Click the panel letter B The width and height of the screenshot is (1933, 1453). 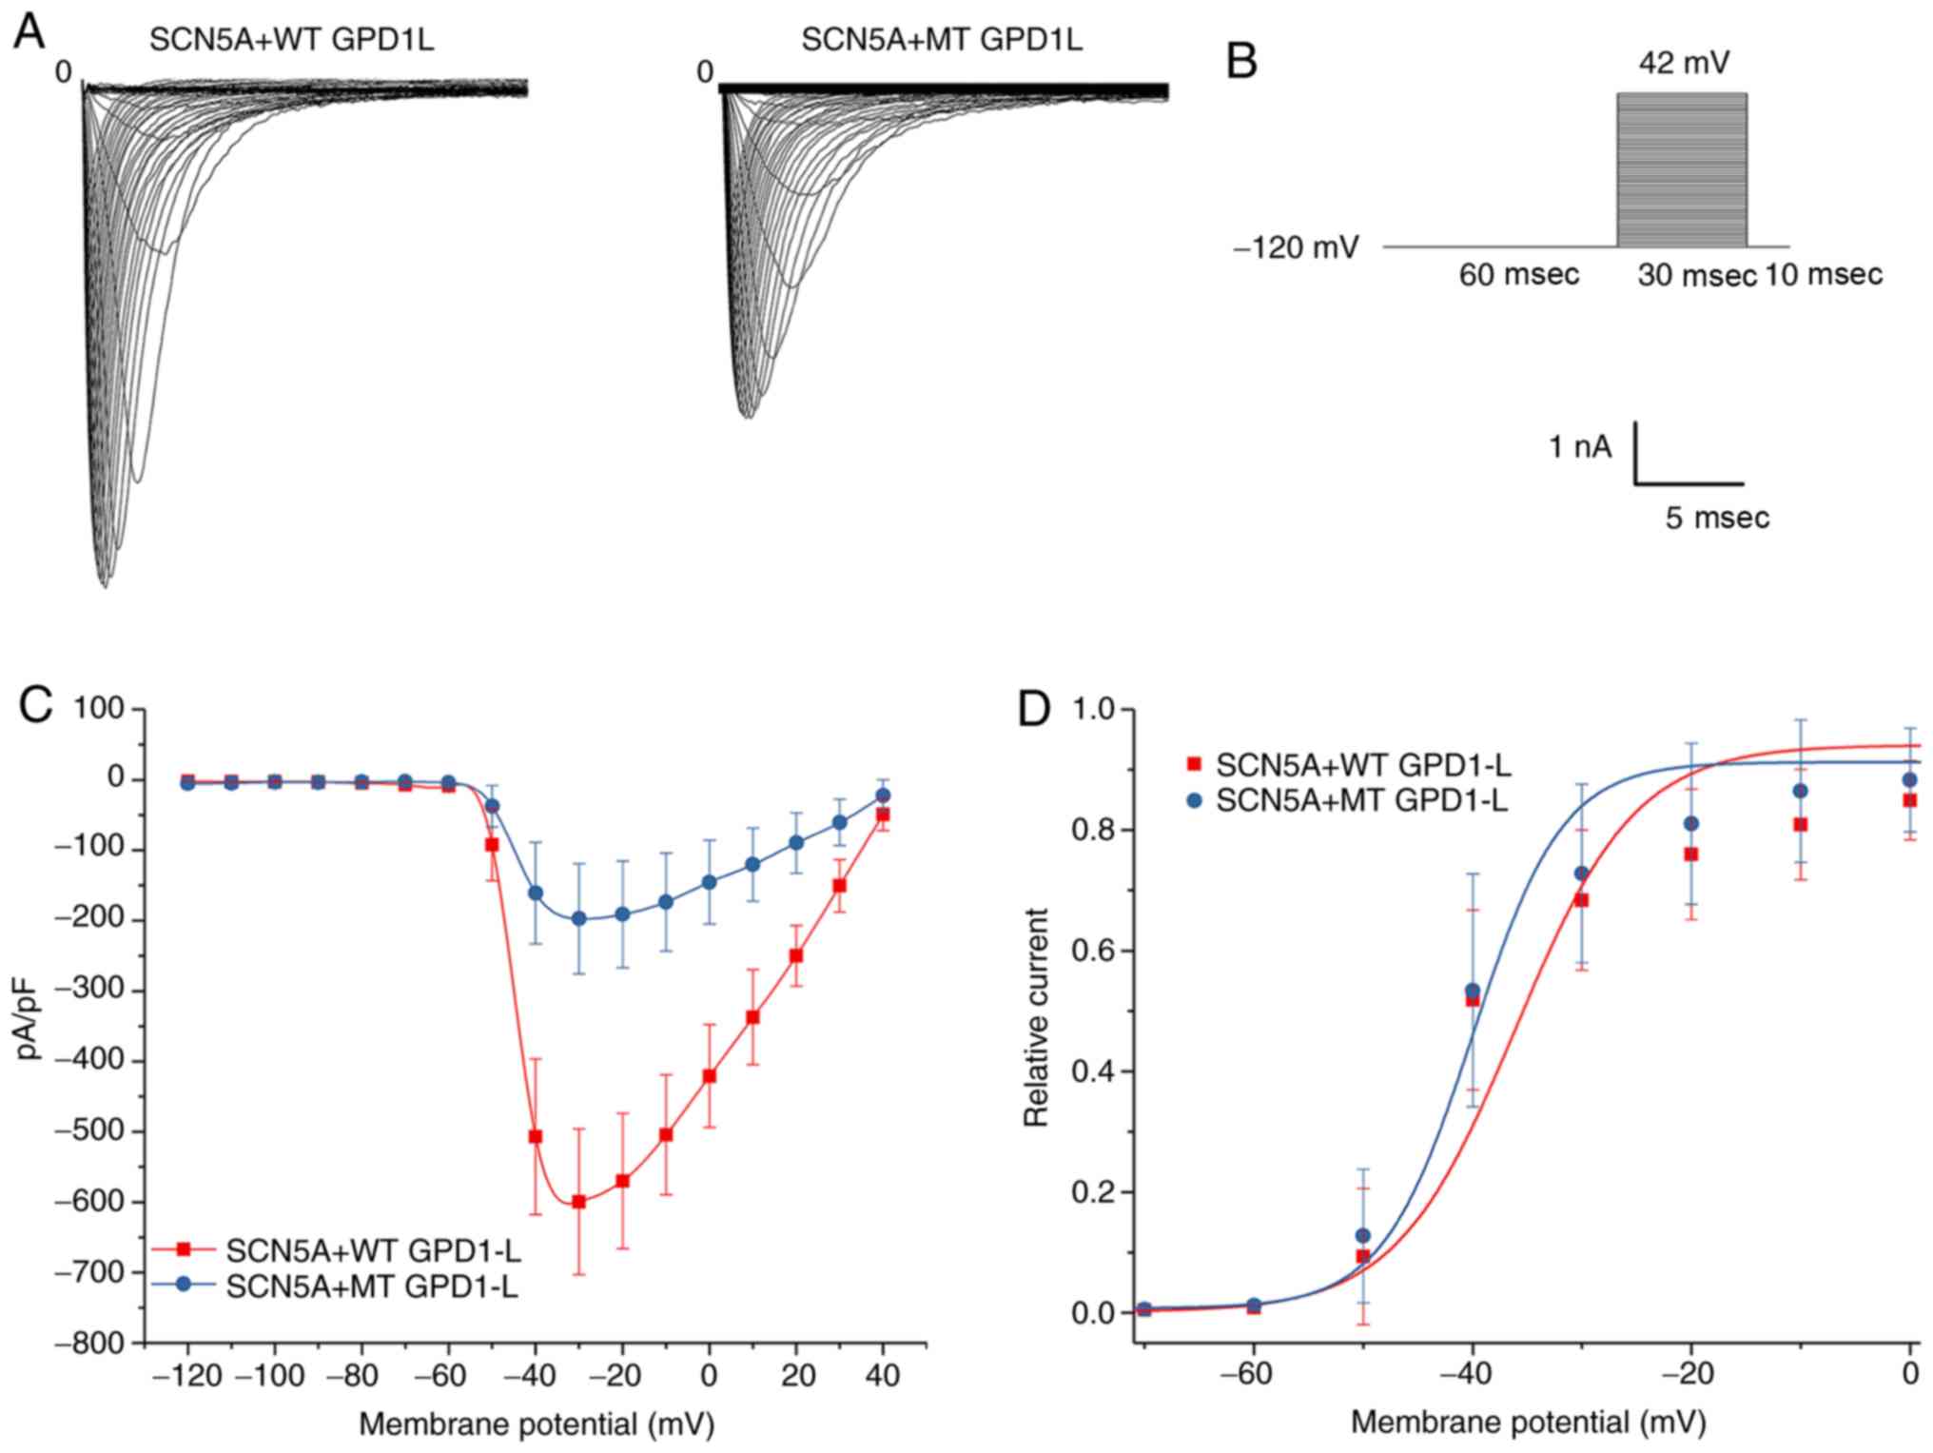tap(1241, 62)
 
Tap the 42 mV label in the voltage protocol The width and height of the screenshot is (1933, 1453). tap(1684, 63)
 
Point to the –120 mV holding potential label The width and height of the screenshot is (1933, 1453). tap(1297, 248)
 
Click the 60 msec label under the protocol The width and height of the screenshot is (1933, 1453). tap(1518, 275)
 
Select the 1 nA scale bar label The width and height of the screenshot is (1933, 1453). tap(1580, 446)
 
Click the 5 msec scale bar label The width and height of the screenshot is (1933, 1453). tap(1717, 518)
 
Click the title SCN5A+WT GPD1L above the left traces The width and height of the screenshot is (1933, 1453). tap(291, 40)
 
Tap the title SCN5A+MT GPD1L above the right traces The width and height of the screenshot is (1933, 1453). tap(941, 40)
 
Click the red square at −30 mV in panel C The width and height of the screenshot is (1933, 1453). tap(578, 1202)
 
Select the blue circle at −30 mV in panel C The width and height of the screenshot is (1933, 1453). tap(578, 919)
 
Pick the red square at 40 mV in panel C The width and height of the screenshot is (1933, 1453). tap(883, 815)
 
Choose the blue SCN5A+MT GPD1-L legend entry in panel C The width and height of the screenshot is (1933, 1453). tap(371, 1287)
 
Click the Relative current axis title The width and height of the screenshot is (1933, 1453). tap(1035, 1017)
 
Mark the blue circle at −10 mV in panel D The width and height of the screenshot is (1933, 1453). tap(1800, 791)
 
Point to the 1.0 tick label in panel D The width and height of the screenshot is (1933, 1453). tap(1095, 710)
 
